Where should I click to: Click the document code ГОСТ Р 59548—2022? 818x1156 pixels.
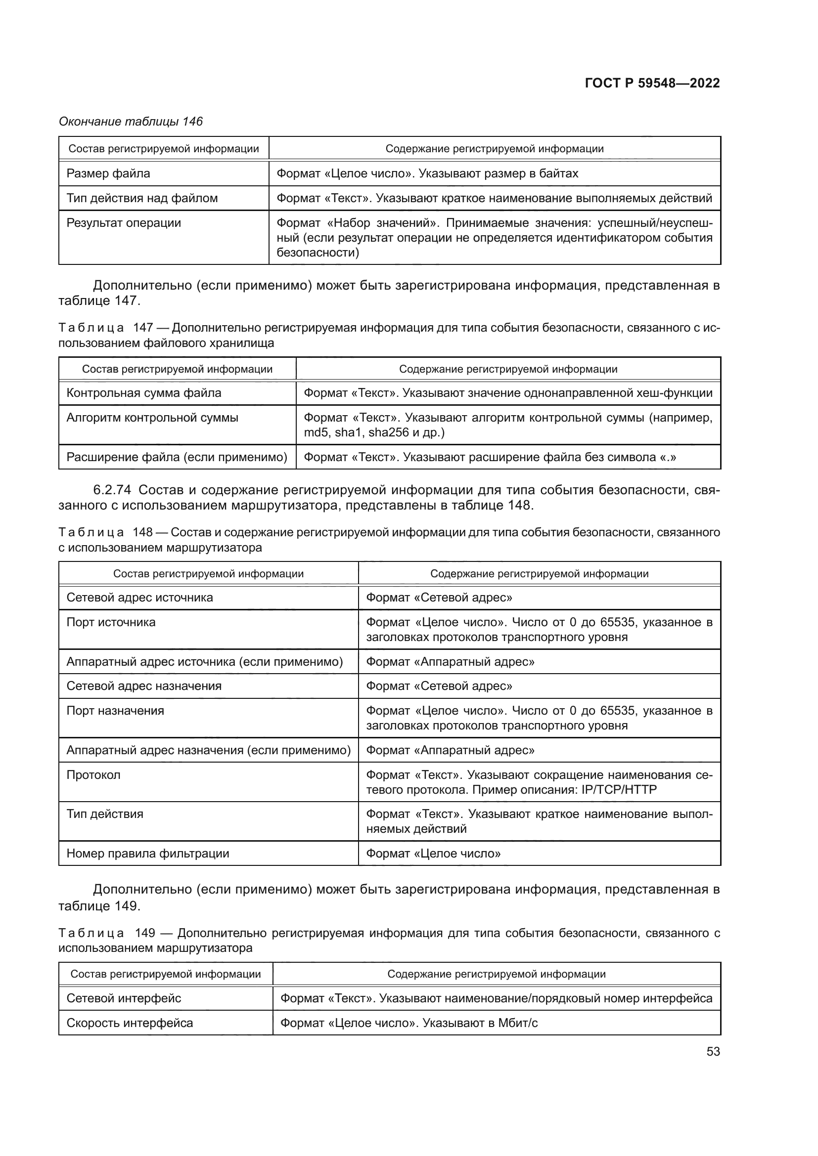pos(652,83)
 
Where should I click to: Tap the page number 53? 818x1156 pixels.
pos(713,1051)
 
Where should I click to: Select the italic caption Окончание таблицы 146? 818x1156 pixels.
pos(131,122)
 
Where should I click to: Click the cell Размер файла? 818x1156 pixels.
pos(108,173)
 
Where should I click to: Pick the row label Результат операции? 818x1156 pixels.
pos(124,223)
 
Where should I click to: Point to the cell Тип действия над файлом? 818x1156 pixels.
pos(142,198)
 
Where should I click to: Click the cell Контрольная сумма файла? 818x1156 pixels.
pos(144,393)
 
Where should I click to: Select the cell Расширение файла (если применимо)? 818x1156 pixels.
pos(177,457)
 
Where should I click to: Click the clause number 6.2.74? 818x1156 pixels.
pos(112,489)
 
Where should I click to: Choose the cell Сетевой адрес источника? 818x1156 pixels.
pos(139,598)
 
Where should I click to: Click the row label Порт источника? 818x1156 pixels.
pos(111,622)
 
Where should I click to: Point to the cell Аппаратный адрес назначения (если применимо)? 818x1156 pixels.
pos(208,750)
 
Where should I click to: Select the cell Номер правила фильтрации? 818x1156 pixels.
pos(147,854)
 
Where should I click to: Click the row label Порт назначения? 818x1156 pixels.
pos(115,711)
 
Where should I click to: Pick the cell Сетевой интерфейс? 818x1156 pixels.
pos(124,998)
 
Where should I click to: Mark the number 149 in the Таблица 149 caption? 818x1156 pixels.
pos(145,933)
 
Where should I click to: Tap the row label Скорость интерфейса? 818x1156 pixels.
pos(130,1023)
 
